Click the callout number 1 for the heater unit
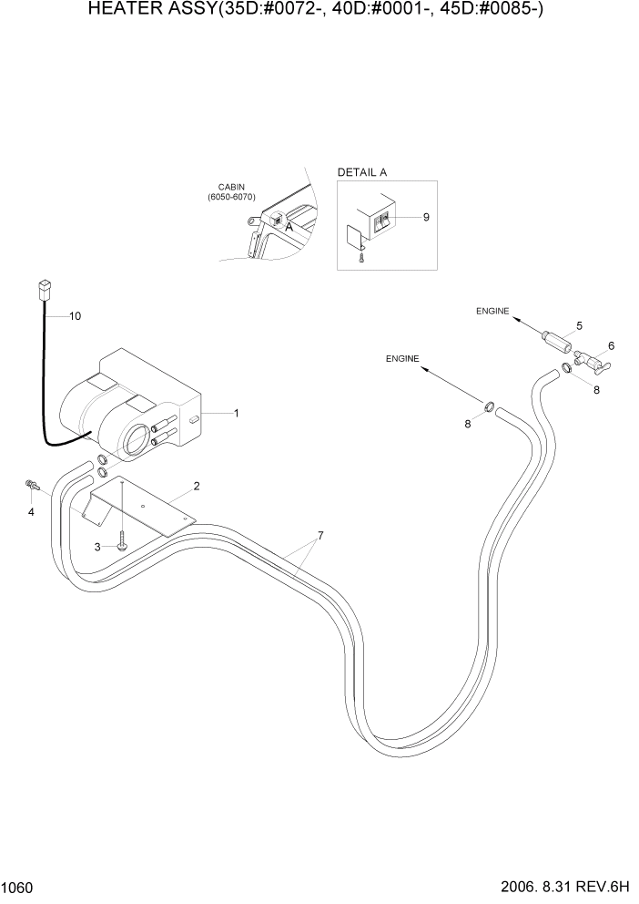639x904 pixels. tap(237, 414)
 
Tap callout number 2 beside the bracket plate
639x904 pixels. tap(196, 486)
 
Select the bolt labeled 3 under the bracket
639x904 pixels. tap(121, 545)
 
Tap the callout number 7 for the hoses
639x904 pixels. tap(319, 534)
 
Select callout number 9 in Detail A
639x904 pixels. tap(426, 217)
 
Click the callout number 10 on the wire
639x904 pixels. tap(76, 316)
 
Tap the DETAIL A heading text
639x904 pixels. tap(362, 172)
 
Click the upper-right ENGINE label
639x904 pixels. tap(492, 312)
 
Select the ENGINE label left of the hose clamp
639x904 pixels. tap(401, 359)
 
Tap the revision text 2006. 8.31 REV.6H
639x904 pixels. tap(558, 887)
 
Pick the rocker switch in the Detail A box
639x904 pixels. tap(384, 220)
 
